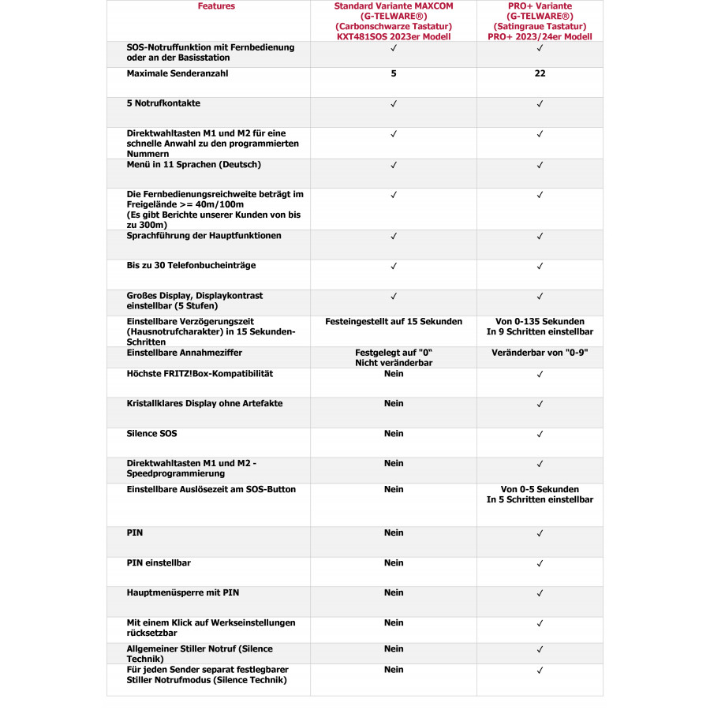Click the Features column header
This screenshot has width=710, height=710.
tap(216, 6)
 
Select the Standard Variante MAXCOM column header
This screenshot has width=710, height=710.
tap(394, 21)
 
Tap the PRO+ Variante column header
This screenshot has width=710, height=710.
tap(540, 21)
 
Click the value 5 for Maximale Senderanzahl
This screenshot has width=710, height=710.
tap(394, 73)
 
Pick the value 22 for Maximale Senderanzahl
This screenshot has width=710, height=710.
tap(540, 73)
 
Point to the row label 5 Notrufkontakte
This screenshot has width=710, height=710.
tap(163, 103)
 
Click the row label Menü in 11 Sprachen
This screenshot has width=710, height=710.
tap(193, 165)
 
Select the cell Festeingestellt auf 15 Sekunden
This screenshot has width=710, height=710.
tap(394, 322)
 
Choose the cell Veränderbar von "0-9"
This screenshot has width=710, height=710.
tap(540, 353)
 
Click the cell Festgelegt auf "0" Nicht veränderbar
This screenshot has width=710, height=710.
tap(394, 357)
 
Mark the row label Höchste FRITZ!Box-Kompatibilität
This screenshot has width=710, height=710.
tap(200, 374)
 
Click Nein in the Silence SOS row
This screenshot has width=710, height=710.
tap(394, 434)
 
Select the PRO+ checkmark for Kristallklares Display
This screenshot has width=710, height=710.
tap(540, 404)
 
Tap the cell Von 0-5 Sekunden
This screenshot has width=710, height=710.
tap(540, 495)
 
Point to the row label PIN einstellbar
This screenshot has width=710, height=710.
tap(159, 563)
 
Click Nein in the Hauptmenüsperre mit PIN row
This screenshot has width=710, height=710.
tap(394, 593)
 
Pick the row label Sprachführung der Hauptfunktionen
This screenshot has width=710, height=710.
tap(204, 236)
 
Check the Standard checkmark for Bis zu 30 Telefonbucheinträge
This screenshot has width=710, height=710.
tap(394, 266)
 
